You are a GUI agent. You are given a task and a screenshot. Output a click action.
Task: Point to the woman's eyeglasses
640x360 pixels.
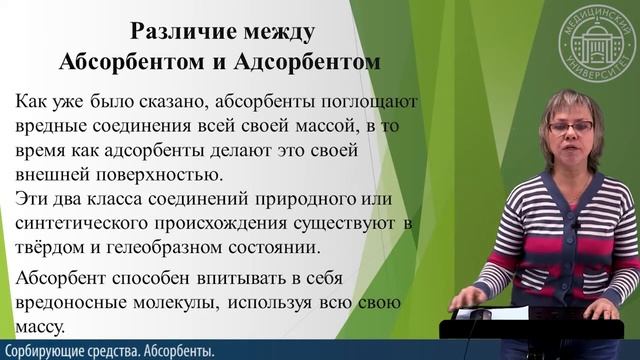pyautogui.click(x=571, y=127)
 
